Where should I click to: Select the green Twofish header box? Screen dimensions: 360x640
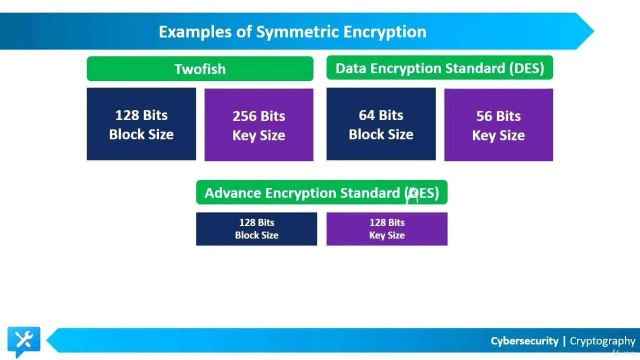click(200, 68)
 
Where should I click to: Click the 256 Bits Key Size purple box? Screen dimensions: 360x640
click(259, 125)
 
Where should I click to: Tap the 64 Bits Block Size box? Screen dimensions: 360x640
click(381, 124)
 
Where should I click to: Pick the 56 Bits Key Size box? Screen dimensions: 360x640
click(498, 125)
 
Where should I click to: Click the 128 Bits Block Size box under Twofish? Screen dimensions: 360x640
click(141, 124)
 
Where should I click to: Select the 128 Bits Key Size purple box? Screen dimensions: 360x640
click(387, 229)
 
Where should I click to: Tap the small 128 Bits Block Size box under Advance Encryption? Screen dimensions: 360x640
click(256, 229)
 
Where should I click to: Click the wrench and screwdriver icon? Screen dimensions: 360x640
click(23, 340)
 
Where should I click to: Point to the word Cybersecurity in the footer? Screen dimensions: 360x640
click(524, 341)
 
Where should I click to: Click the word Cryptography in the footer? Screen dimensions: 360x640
click(602, 341)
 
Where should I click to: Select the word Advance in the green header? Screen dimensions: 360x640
click(232, 193)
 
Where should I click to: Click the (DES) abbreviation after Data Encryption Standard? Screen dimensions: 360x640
click(526, 68)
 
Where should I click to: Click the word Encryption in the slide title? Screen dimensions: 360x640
click(385, 32)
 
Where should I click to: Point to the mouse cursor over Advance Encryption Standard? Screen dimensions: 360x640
click(412, 195)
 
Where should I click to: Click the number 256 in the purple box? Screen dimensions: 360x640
click(244, 116)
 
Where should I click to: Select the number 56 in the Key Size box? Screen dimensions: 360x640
click(484, 116)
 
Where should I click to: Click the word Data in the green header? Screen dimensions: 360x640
click(348, 68)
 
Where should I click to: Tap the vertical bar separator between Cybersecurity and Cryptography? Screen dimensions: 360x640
click(564, 341)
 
